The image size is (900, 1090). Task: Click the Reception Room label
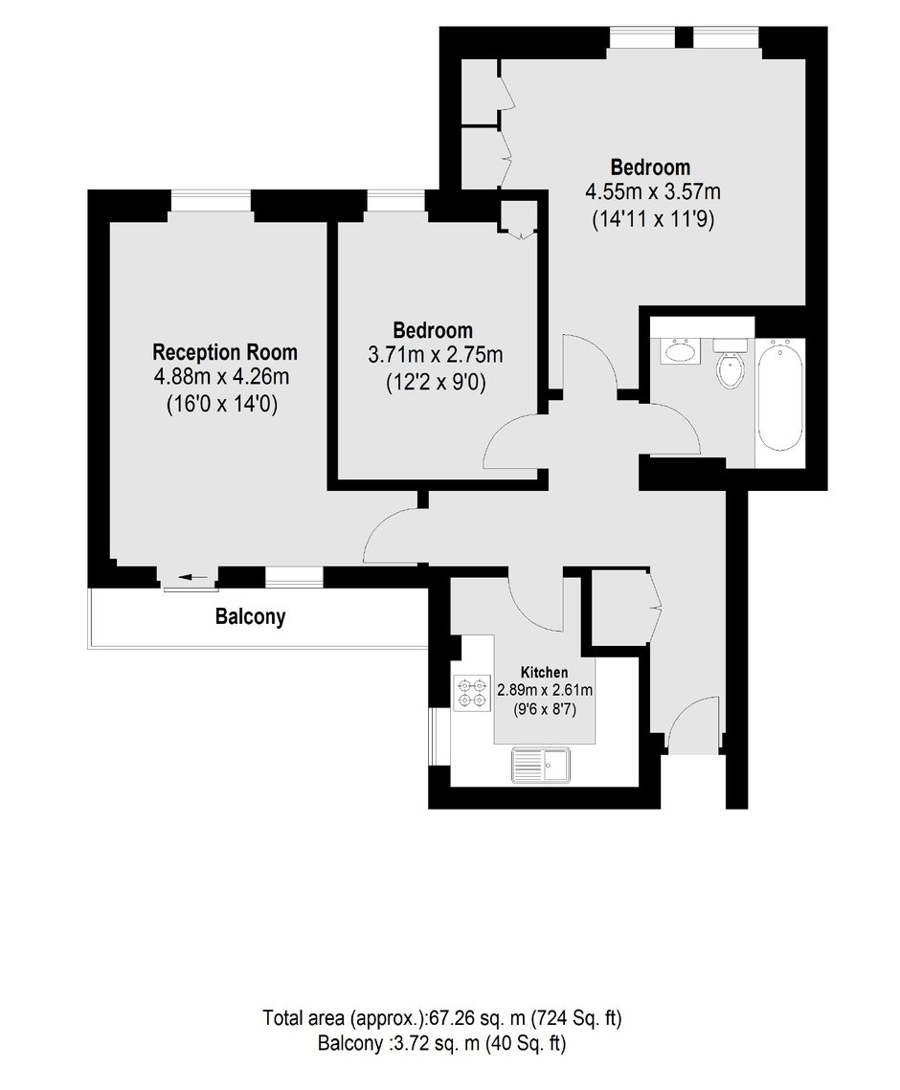[225, 352]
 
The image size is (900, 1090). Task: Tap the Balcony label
[251, 616]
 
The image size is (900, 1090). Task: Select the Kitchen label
[544, 672]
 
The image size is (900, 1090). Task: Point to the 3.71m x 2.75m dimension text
[435, 355]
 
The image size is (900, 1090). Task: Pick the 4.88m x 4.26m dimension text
[222, 377]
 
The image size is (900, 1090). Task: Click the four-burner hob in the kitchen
[472, 692]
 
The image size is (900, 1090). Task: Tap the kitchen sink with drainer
[540, 765]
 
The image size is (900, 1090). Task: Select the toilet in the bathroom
[730, 364]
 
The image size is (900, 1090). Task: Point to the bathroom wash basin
[681, 351]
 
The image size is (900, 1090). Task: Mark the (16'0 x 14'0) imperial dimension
[222, 404]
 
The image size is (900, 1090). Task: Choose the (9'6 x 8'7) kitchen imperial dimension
[545, 710]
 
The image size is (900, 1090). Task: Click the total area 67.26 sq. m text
[441, 1018]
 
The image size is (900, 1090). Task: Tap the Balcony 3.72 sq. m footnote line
[441, 1043]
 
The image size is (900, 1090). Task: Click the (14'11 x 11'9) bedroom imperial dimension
[653, 220]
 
